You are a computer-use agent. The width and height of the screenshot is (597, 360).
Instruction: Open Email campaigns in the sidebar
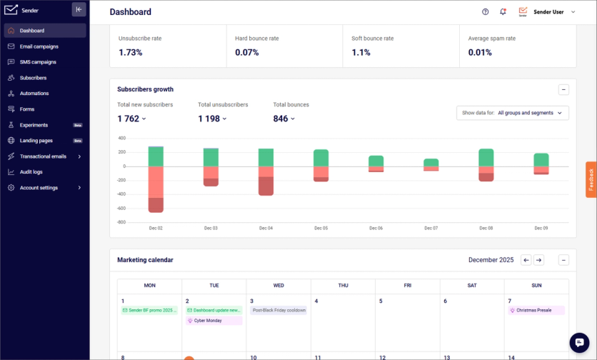coord(39,46)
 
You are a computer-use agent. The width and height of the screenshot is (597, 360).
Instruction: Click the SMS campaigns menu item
coord(38,62)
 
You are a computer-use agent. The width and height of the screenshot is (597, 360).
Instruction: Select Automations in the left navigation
coord(34,94)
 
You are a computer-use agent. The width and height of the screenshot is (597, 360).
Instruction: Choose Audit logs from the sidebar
coord(31,172)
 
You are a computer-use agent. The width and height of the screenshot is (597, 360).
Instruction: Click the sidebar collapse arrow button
coord(79,10)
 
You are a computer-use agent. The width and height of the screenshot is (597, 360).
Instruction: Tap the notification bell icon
coord(503,12)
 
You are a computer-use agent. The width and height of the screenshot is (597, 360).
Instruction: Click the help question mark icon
coord(486,12)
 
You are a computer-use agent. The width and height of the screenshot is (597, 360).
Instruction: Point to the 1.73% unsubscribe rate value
coord(131,53)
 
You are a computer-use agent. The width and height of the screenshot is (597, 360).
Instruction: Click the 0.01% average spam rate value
coord(480,53)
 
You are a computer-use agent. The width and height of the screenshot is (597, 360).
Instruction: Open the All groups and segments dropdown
coord(512,113)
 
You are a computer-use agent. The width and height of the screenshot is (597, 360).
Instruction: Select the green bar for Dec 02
coord(156,156)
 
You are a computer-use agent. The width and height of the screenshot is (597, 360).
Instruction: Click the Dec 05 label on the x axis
coord(321,228)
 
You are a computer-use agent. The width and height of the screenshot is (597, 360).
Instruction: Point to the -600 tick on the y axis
coord(121,209)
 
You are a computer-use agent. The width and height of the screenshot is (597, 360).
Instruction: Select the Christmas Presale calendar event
coord(536,310)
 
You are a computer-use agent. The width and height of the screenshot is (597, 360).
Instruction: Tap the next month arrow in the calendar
coord(539,260)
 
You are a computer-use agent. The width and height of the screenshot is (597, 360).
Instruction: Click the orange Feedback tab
coord(591,180)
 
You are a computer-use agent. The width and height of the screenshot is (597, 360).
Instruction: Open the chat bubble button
coord(579,342)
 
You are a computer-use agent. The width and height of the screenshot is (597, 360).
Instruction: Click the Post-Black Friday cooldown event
coord(279,310)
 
